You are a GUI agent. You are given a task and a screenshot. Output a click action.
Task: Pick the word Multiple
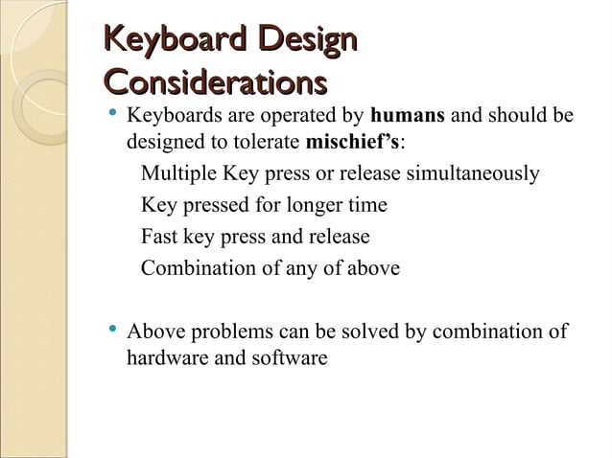point(178,174)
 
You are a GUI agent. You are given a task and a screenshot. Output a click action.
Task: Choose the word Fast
point(158,236)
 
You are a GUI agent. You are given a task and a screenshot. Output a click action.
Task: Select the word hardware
point(166,358)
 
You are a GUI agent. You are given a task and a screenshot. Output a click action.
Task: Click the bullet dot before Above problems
point(113,332)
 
